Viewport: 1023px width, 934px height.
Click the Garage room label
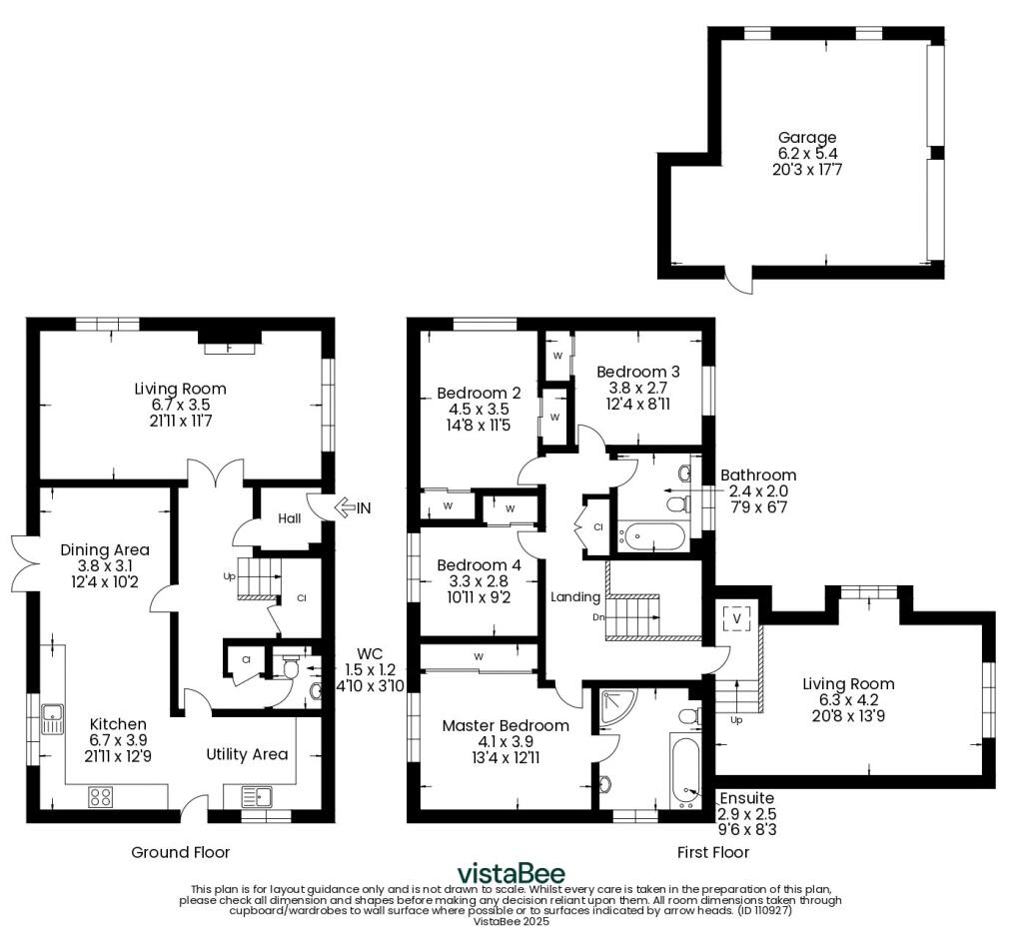click(807, 138)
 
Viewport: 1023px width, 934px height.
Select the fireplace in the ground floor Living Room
click(230, 343)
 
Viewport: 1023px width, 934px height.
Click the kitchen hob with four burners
click(101, 796)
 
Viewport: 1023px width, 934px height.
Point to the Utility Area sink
click(258, 796)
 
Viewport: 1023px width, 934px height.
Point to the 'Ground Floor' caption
click(181, 852)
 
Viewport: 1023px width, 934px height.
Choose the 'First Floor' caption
click(712, 852)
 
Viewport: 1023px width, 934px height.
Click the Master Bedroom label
click(506, 726)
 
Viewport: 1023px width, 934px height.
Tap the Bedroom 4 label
click(479, 564)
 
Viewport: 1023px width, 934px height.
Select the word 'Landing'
click(574, 597)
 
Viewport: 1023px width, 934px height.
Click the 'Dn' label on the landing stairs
click(599, 617)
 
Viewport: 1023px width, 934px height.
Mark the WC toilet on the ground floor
click(291, 666)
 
